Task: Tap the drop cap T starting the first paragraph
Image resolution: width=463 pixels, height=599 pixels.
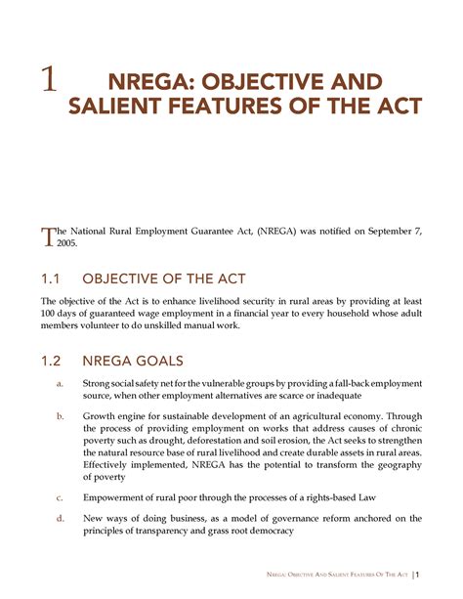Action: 45,231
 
